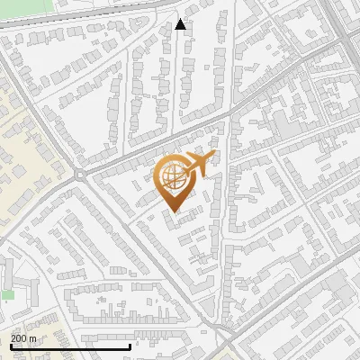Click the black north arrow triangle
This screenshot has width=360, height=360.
(181, 24)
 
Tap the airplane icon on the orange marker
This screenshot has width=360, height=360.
(198, 165)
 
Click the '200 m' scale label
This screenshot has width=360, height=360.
(23, 337)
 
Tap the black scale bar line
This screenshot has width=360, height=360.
(70, 346)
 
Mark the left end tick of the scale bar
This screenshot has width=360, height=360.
(10, 346)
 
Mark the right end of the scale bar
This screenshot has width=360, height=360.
(130, 346)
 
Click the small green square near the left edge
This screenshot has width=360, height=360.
(8, 294)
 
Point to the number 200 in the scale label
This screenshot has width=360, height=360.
(19, 337)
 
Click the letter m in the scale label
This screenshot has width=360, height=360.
(32, 337)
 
